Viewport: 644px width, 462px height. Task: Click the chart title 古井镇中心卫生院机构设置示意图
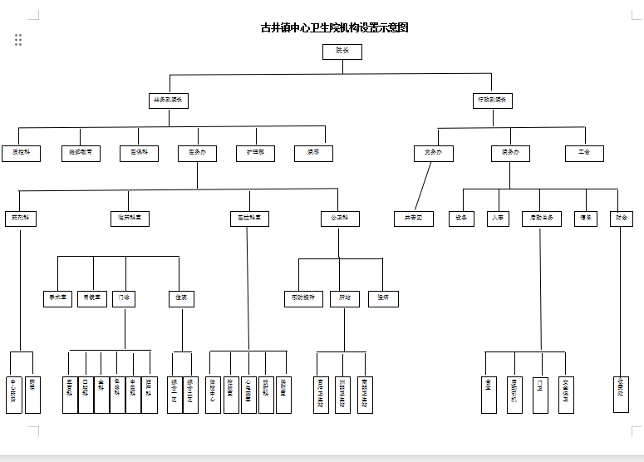[335, 27]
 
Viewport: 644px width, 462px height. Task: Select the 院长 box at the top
[342, 52]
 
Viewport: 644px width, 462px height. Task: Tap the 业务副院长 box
[170, 101]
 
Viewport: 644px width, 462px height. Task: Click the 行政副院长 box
[493, 101]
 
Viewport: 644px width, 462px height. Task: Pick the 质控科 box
[20, 154]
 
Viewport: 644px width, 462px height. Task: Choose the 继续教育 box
[81, 154]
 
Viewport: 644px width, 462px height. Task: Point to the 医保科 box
[139, 154]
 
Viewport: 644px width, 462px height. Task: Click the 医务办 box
[197, 154]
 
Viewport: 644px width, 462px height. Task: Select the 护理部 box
[255, 154]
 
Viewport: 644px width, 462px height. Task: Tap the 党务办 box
[434, 154]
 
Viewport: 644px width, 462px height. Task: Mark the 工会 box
[585, 154]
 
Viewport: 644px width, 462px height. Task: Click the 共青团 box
[414, 219]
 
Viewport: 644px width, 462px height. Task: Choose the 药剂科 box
[20, 219]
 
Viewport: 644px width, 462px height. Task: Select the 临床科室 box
[130, 219]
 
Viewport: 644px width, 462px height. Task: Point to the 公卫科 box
[340, 219]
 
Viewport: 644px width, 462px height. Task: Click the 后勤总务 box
[542, 219]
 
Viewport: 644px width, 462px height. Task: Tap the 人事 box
[497, 219]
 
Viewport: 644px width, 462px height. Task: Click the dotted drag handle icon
[17, 40]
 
